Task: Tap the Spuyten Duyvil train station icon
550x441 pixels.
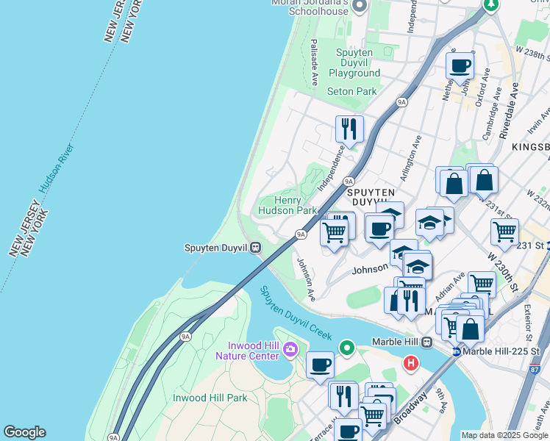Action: pos(255,247)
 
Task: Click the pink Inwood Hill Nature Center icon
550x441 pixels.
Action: pos(290,348)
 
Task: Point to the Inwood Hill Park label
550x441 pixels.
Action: pos(210,398)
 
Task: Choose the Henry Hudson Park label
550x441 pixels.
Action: pos(287,205)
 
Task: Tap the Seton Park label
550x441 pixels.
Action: pos(351,91)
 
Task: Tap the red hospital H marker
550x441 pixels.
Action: pos(411,362)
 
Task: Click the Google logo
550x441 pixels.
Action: pos(24,432)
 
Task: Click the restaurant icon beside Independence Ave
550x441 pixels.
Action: pos(349,129)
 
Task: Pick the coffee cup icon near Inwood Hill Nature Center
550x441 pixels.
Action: pos(320,364)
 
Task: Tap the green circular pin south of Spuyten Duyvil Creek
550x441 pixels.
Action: pos(347,345)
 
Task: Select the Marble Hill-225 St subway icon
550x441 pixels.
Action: pos(456,352)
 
